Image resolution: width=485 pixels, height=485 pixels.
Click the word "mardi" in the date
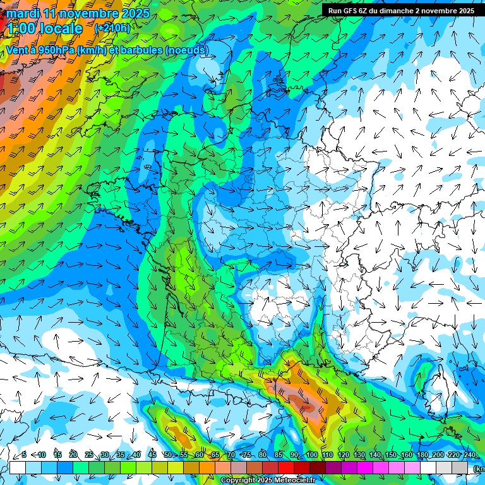pyautogui.click(x=22, y=14)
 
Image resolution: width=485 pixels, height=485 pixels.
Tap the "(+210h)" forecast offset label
pyautogui.click(x=112, y=28)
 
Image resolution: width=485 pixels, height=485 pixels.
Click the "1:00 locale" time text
pyautogui.click(x=45, y=29)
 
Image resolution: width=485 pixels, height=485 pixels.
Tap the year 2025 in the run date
pyautogui.click(x=465, y=11)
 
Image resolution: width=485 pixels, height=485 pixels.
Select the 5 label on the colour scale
pyautogui.click(x=24, y=455)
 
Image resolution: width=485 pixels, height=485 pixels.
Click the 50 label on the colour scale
pyautogui.click(x=168, y=455)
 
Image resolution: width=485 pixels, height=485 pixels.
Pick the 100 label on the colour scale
pyautogui.click(x=311, y=455)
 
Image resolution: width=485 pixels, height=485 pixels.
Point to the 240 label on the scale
pyautogui.click(x=470, y=455)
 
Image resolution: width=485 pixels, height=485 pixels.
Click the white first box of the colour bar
pyautogui.click(x=18, y=467)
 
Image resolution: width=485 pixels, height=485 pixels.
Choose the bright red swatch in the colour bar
pyautogui.click(x=286, y=467)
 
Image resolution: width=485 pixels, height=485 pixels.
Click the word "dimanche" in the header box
pyautogui.click(x=394, y=11)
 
